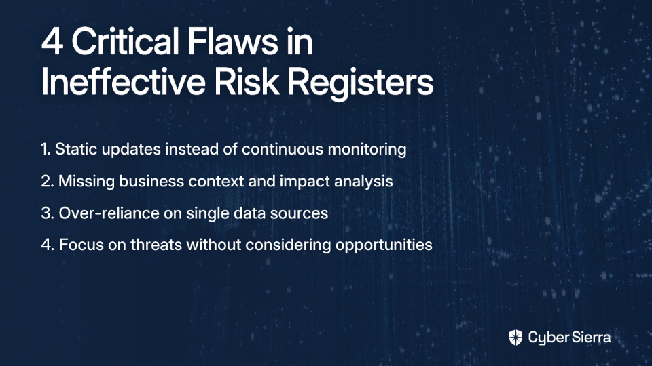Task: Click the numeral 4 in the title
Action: (x=52, y=41)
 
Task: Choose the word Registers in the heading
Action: (x=361, y=83)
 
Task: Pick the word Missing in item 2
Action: (x=86, y=182)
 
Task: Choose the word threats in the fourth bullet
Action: (x=156, y=245)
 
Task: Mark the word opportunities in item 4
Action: (x=384, y=245)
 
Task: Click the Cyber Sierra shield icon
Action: (x=515, y=338)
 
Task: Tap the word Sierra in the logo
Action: (x=590, y=338)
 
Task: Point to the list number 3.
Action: (x=47, y=213)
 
